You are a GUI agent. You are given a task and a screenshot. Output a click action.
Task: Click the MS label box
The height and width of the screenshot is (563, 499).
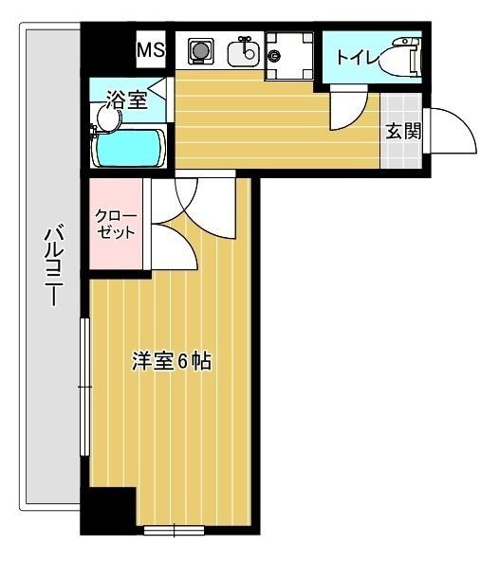pyautogui.click(x=151, y=49)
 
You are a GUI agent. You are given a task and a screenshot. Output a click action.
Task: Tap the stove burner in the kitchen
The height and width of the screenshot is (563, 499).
pyautogui.click(x=201, y=50)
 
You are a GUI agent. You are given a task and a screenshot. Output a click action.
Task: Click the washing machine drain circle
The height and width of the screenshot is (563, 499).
pyautogui.click(x=275, y=56)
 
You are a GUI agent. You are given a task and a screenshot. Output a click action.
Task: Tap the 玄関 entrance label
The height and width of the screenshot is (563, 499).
pyautogui.click(x=402, y=132)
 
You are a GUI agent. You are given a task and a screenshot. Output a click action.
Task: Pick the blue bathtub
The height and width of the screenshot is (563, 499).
pyautogui.click(x=129, y=148)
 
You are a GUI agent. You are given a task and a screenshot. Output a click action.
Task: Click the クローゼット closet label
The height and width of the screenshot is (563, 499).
pyautogui.click(x=116, y=224)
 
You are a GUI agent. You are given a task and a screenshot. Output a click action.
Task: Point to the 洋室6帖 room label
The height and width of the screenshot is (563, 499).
pyautogui.click(x=171, y=361)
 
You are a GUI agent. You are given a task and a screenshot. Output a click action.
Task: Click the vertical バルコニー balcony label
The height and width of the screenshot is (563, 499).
pyautogui.click(x=53, y=265)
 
